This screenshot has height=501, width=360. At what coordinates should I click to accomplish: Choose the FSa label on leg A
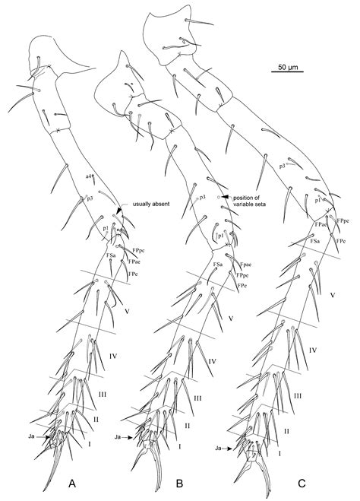(x=111, y=255)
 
